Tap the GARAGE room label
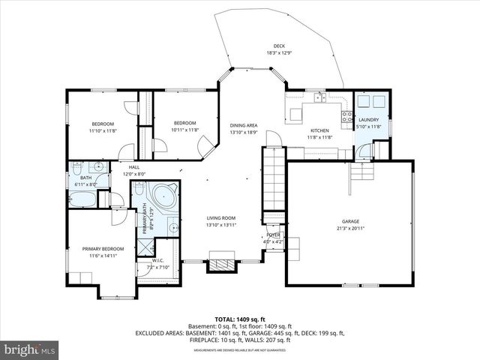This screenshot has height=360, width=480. point(350,221)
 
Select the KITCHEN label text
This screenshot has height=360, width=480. point(319,130)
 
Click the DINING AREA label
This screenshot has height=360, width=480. point(244,124)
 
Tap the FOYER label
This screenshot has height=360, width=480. point(273,235)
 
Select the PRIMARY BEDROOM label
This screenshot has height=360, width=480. point(103,248)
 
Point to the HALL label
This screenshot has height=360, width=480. point(133,166)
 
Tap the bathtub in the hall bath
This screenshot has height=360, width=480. point(82,200)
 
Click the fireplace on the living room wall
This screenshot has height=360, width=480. point(220,265)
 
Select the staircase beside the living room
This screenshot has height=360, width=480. point(274,180)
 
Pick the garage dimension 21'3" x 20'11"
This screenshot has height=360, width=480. point(350,228)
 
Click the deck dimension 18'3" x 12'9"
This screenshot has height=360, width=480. point(278,52)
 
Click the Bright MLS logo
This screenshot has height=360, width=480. point(30,349)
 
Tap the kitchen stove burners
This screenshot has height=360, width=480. point(347,116)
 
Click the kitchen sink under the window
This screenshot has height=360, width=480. point(319,97)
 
